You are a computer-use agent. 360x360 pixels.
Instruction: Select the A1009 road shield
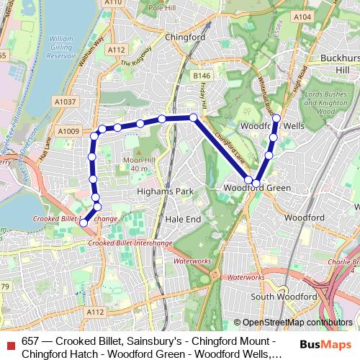coord(69,130)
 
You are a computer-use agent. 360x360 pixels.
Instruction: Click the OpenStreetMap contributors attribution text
coord(297,323)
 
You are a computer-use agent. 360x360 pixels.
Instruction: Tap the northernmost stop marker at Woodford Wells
coord(276,117)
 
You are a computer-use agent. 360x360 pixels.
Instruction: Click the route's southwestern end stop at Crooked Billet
coord(84,223)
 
